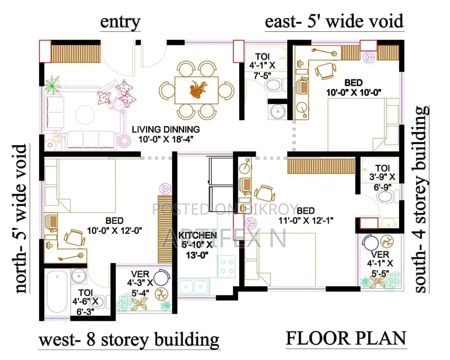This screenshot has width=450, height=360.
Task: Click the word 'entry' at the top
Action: (x=120, y=22)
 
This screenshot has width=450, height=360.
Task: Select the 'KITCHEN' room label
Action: (x=198, y=235)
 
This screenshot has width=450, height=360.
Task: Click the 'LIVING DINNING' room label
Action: (x=166, y=129)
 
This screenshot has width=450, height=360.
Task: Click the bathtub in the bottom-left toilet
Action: (x=57, y=292)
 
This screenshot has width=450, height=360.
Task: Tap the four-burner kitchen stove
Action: (x=227, y=266)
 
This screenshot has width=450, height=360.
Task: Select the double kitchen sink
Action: (x=194, y=286)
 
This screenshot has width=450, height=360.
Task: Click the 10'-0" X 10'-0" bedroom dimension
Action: (x=354, y=92)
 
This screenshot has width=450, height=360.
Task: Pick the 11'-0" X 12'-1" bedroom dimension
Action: (x=306, y=220)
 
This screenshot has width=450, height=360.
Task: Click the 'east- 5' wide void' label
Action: (x=334, y=22)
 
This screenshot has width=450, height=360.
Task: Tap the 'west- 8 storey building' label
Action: (x=129, y=340)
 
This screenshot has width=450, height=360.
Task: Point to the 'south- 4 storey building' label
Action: (x=422, y=199)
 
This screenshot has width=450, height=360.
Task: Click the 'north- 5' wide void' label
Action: (x=21, y=218)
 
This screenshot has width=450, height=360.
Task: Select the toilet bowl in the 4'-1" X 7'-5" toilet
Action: (x=273, y=85)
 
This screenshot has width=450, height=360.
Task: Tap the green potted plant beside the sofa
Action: (x=52, y=84)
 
